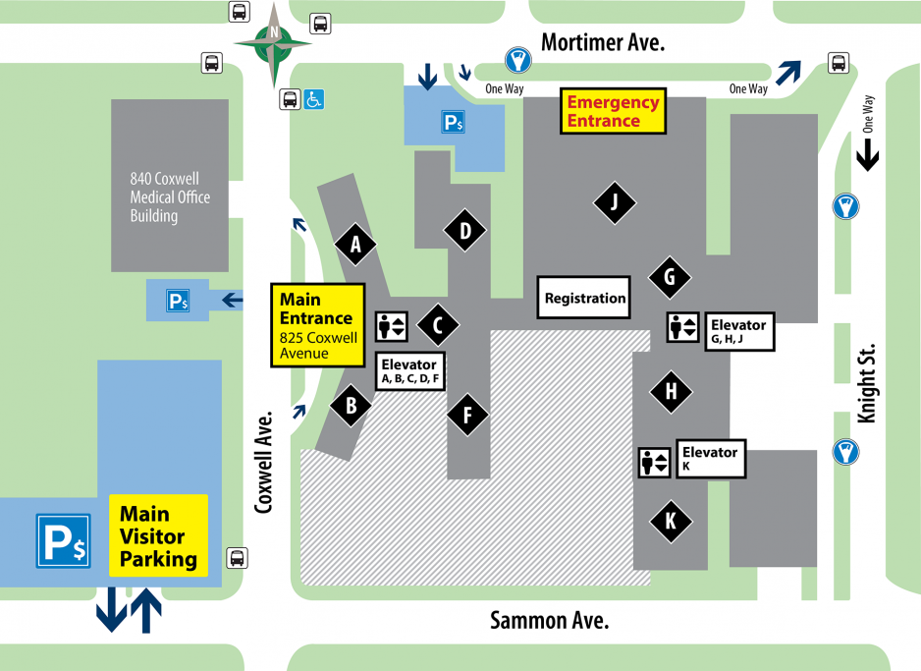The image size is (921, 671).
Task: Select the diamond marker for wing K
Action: tap(671, 522)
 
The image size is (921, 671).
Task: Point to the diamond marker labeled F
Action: tap(468, 415)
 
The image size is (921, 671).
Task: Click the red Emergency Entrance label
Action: tap(613, 111)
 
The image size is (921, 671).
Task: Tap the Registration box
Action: tap(585, 298)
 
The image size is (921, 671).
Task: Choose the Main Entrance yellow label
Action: tap(317, 325)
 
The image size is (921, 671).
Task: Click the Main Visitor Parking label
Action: tap(158, 536)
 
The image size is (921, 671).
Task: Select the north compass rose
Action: tap(273, 43)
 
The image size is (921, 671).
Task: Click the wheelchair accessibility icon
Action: tap(313, 99)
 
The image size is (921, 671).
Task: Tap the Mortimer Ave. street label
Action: tap(603, 42)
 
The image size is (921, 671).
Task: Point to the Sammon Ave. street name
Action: tap(550, 620)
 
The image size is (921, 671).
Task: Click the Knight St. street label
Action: tap(866, 384)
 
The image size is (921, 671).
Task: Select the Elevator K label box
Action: tap(710, 459)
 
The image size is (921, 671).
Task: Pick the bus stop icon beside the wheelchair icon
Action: tap(290, 99)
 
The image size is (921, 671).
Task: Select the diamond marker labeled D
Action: tap(464, 232)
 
